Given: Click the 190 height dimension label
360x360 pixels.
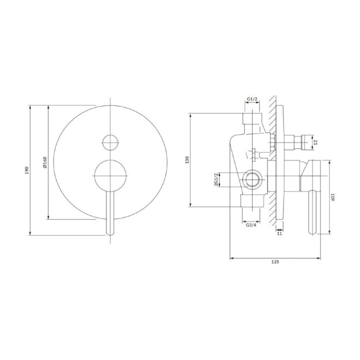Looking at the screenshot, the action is [x=27, y=170].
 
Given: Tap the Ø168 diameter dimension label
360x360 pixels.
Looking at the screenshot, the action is [x=45, y=162].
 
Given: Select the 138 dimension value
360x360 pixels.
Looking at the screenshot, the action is [x=187, y=160].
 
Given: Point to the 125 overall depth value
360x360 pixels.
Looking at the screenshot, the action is [x=275, y=262].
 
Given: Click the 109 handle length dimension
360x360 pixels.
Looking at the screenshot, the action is [x=333, y=197].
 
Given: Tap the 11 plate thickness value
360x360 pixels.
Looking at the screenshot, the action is [x=279, y=233].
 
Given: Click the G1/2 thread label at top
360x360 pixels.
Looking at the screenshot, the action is [x=252, y=99].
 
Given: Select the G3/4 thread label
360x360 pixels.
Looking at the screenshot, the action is [x=251, y=225].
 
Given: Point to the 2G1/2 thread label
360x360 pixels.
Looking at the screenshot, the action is [x=216, y=180].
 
